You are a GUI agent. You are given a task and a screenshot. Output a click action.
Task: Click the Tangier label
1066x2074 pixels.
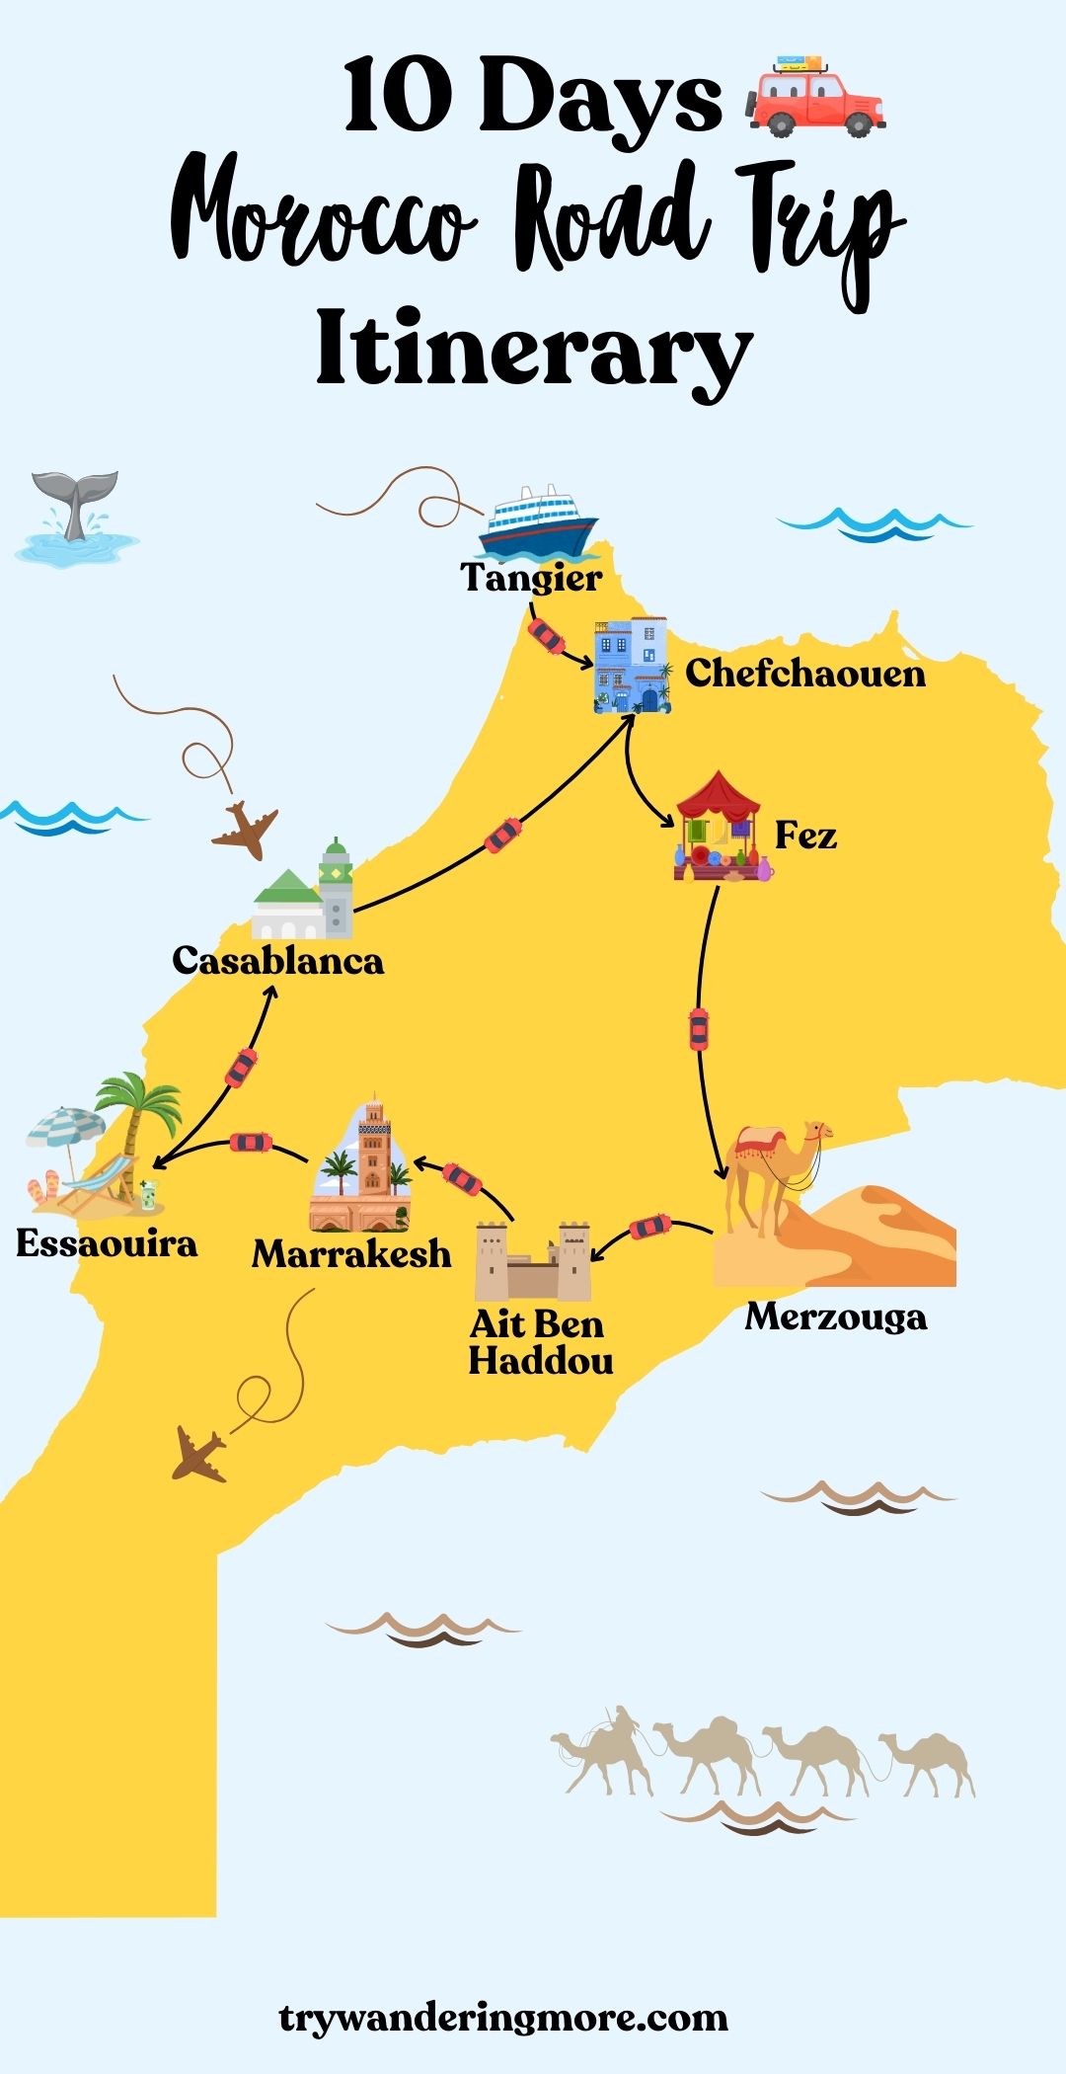click(x=531, y=578)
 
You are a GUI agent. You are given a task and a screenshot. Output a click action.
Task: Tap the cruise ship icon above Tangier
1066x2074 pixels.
click(x=538, y=523)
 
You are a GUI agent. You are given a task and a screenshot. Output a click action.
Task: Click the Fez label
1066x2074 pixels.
click(x=805, y=836)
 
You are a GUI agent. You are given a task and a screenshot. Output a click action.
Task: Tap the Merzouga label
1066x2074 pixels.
click(x=836, y=1316)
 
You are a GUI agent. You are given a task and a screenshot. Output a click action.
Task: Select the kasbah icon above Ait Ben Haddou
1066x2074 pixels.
click(x=533, y=1261)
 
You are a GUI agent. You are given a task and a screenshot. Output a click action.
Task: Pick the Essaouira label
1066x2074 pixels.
click(x=107, y=1243)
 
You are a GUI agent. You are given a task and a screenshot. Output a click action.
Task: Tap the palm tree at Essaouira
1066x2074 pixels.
click(x=138, y=1116)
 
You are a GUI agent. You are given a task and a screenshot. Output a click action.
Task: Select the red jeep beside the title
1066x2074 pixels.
click(x=815, y=96)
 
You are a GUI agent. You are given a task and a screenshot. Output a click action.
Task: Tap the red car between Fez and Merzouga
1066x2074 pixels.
click(x=699, y=1029)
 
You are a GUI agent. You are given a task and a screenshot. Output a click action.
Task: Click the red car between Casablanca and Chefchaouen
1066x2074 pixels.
click(x=502, y=836)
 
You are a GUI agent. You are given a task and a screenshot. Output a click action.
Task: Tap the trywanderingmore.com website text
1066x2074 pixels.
click(x=503, y=2017)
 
